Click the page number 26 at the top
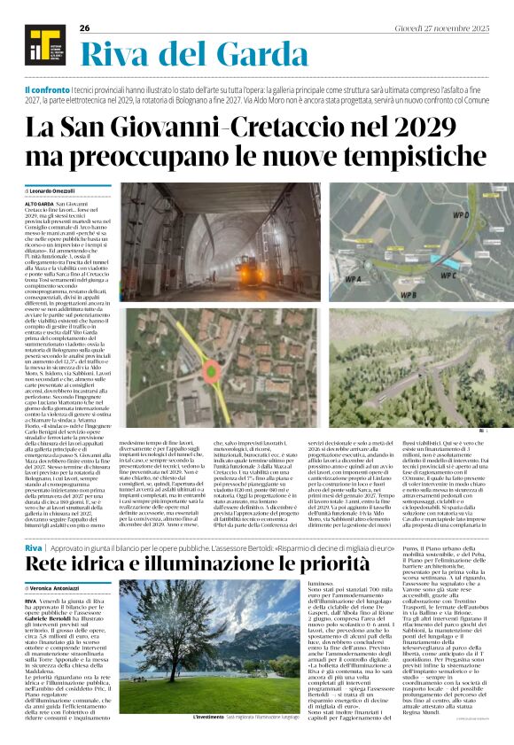click(x=85, y=28)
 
